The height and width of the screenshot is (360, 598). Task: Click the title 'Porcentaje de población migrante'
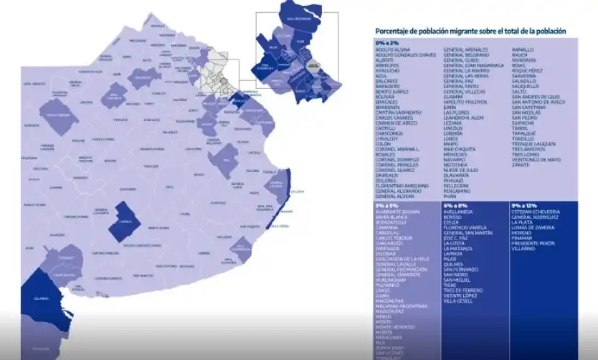click(x=470, y=31)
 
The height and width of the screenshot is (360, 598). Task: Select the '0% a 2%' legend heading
click(x=386, y=43)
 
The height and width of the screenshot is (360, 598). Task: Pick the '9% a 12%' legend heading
click(x=525, y=205)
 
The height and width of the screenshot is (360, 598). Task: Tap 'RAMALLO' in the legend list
click(x=523, y=49)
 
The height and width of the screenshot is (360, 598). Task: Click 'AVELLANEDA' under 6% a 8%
click(x=459, y=212)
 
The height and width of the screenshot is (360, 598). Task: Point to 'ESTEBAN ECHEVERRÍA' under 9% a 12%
click(x=537, y=212)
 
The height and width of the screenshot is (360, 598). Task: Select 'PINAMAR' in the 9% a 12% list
click(x=523, y=237)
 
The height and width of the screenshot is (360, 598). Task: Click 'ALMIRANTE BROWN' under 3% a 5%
click(x=397, y=212)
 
